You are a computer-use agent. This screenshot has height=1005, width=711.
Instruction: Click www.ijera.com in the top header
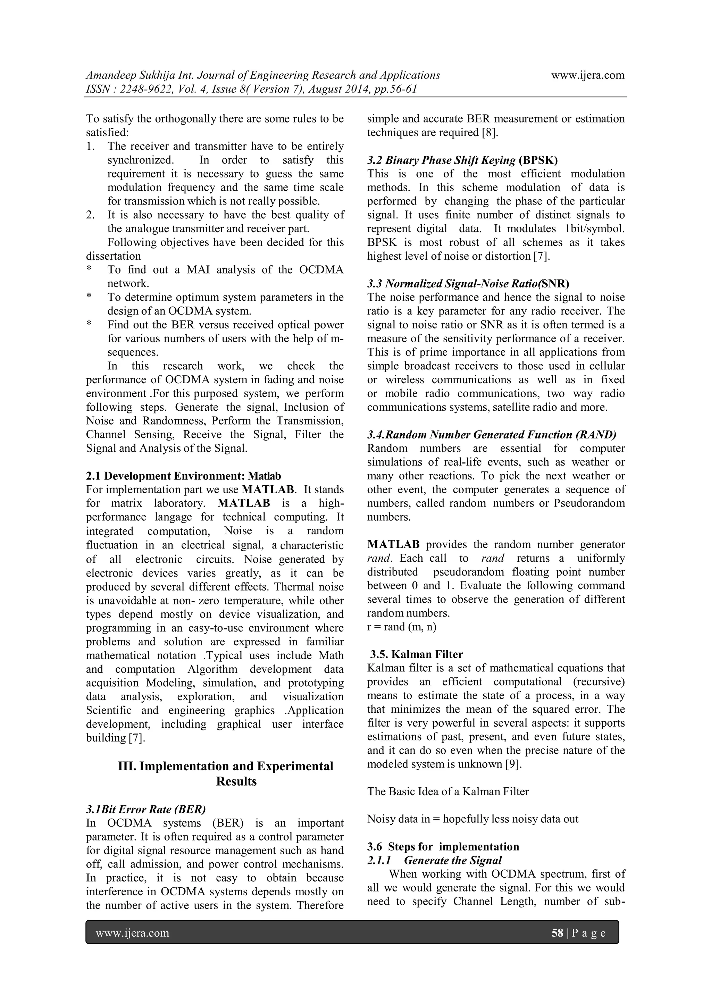click(x=587, y=75)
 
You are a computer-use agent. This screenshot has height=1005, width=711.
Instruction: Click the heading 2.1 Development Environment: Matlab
click(x=183, y=476)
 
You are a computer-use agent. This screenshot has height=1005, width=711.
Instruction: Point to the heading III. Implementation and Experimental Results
click(x=226, y=773)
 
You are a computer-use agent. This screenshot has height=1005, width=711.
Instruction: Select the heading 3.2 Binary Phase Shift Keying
click(x=462, y=160)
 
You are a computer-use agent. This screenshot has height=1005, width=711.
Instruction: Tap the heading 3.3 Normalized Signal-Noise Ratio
click(x=468, y=284)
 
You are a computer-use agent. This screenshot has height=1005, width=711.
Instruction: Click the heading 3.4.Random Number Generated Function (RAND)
click(x=492, y=435)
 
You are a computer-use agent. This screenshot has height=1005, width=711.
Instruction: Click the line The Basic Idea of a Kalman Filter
click(x=448, y=792)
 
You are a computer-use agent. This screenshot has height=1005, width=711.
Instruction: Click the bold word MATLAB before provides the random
click(x=393, y=545)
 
